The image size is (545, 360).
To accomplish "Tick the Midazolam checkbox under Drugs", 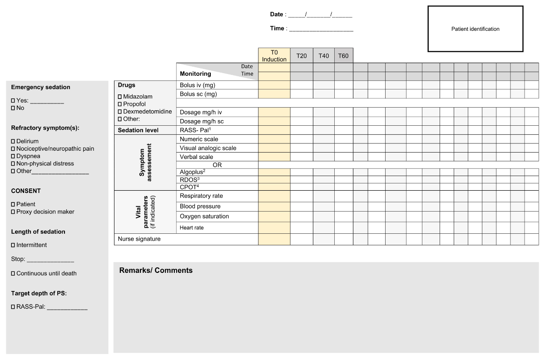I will tap(119, 97).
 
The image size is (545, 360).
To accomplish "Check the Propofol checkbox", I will tap(119, 104).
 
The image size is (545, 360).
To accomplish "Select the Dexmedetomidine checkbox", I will tap(119, 112).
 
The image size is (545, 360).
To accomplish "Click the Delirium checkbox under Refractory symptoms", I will tap(13, 142).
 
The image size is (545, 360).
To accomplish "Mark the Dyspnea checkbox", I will tap(13, 156).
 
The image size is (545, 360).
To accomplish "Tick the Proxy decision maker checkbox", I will tap(13, 212).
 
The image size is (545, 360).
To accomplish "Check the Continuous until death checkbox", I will tap(13, 274).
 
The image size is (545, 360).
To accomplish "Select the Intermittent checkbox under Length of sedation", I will tap(13, 245).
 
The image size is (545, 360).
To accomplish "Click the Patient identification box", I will tap(475, 29).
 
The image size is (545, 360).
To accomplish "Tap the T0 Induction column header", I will tap(274, 56).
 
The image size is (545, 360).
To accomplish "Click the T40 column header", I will tap(324, 56).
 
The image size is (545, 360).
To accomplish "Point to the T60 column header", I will tap(344, 56).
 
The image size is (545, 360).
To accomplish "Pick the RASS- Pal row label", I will tap(195, 130).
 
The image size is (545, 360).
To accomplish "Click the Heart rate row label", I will tap(192, 228).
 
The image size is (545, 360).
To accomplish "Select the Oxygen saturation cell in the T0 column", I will tap(274, 217).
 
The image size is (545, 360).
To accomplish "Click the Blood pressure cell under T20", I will tap(302, 207).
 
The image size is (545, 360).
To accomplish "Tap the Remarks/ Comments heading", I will tap(156, 271).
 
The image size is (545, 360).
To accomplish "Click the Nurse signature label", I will tap(139, 239).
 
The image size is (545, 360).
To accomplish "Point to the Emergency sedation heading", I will tap(40, 87).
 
